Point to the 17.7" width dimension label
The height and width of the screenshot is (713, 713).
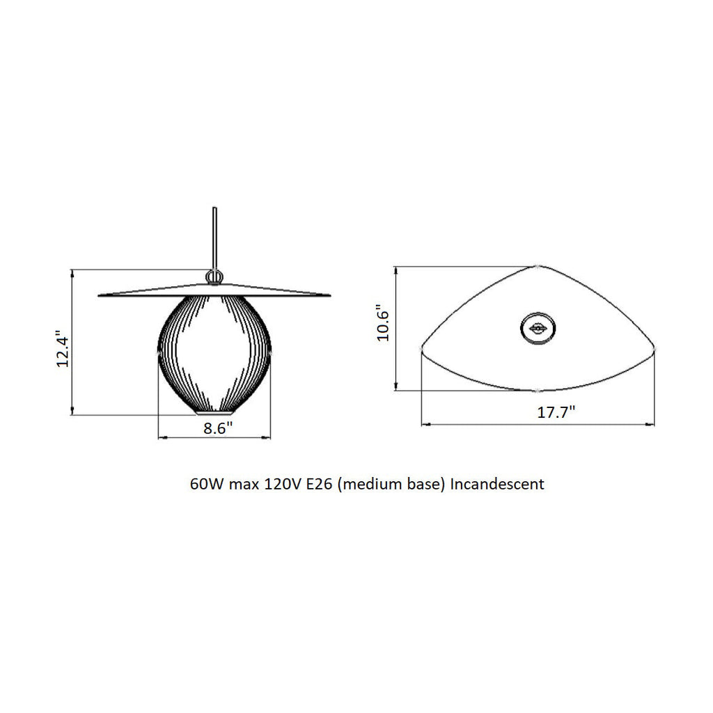(x=555, y=412)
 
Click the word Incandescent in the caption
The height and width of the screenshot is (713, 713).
(x=497, y=484)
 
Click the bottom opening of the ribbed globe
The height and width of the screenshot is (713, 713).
(x=215, y=412)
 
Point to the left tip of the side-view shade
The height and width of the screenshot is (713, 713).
(x=100, y=296)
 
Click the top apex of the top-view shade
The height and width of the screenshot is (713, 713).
(x=538, y=267)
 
